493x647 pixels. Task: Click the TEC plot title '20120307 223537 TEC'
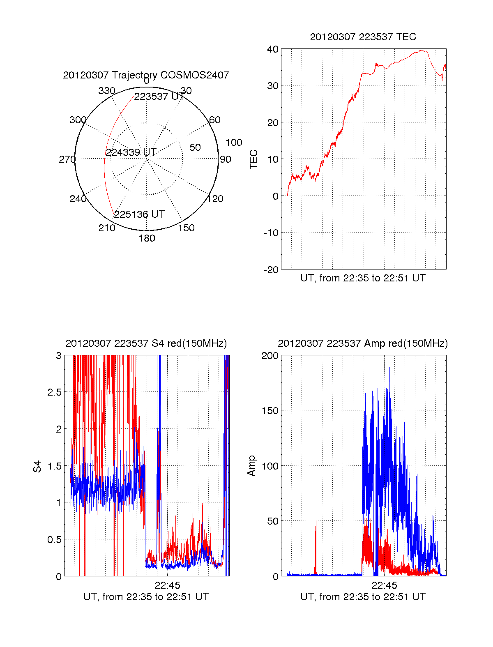[x=363, y=37]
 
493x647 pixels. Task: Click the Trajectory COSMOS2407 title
[x=146, y=75]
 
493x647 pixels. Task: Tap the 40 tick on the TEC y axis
[x=273, y=49]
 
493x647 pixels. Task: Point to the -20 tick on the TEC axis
[x=272, y=269]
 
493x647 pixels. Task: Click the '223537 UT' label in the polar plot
[x=159, y=97]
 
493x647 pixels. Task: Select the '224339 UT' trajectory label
[x=131, y=152]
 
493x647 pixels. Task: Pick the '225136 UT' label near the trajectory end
[x=139, y=214]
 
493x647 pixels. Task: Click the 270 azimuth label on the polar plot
[x=67, y=159]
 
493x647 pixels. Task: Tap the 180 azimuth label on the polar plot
[x=147, y=238]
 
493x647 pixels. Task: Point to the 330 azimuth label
[x=106, y=91]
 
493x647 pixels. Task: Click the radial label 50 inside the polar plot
[x=195, y=147]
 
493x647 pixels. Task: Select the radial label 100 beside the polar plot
[x=234, y=143]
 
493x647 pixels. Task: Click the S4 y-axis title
[x=37, y=466]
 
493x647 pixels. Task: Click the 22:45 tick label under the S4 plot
[x=167, y=585]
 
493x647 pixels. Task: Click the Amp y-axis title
[x=251, y=465]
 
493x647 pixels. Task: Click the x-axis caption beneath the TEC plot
[x=363, y=278]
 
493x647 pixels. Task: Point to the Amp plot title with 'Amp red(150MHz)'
[x=363, y=343]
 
